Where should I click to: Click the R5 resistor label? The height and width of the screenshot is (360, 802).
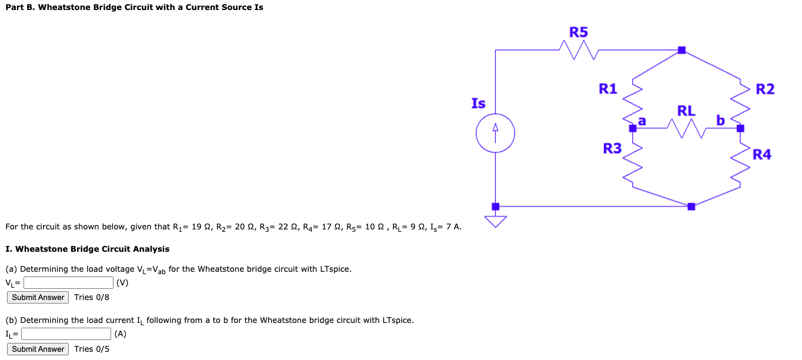pyautogui.click(x=579, y=32)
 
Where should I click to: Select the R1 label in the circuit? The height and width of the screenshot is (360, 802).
pyautogui.click(x=608, y=89)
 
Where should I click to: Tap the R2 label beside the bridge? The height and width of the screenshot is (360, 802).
pyautogui.click(x=765, y=89)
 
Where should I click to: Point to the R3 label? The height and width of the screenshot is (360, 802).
pyautogui.click(x=612, y=149)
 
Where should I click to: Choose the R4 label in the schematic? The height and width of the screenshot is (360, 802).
pyautogui.click(x=762, y=155)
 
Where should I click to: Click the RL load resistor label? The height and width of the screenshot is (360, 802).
pyautogui.click(x=686, y=111)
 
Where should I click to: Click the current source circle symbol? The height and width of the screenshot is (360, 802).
pyautogui.click(x=496, y=133)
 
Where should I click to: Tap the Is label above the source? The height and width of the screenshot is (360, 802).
pyautogui.click(x=479, y=104)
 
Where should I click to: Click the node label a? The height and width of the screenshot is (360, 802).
pyautogui.click(x=642, y=121)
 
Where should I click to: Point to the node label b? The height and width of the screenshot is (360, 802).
pyautogui.click(x=720, y=121)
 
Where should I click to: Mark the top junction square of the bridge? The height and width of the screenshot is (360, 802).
pyautogui.click(x=681, y=50)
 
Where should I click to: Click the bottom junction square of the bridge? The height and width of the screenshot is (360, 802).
pyautogui.click(x=691, y=206)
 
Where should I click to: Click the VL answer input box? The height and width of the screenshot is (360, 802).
pyautogui.click(x=68, y=283)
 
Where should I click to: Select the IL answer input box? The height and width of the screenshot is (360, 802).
pyautogui.click(x=66, y=334)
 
